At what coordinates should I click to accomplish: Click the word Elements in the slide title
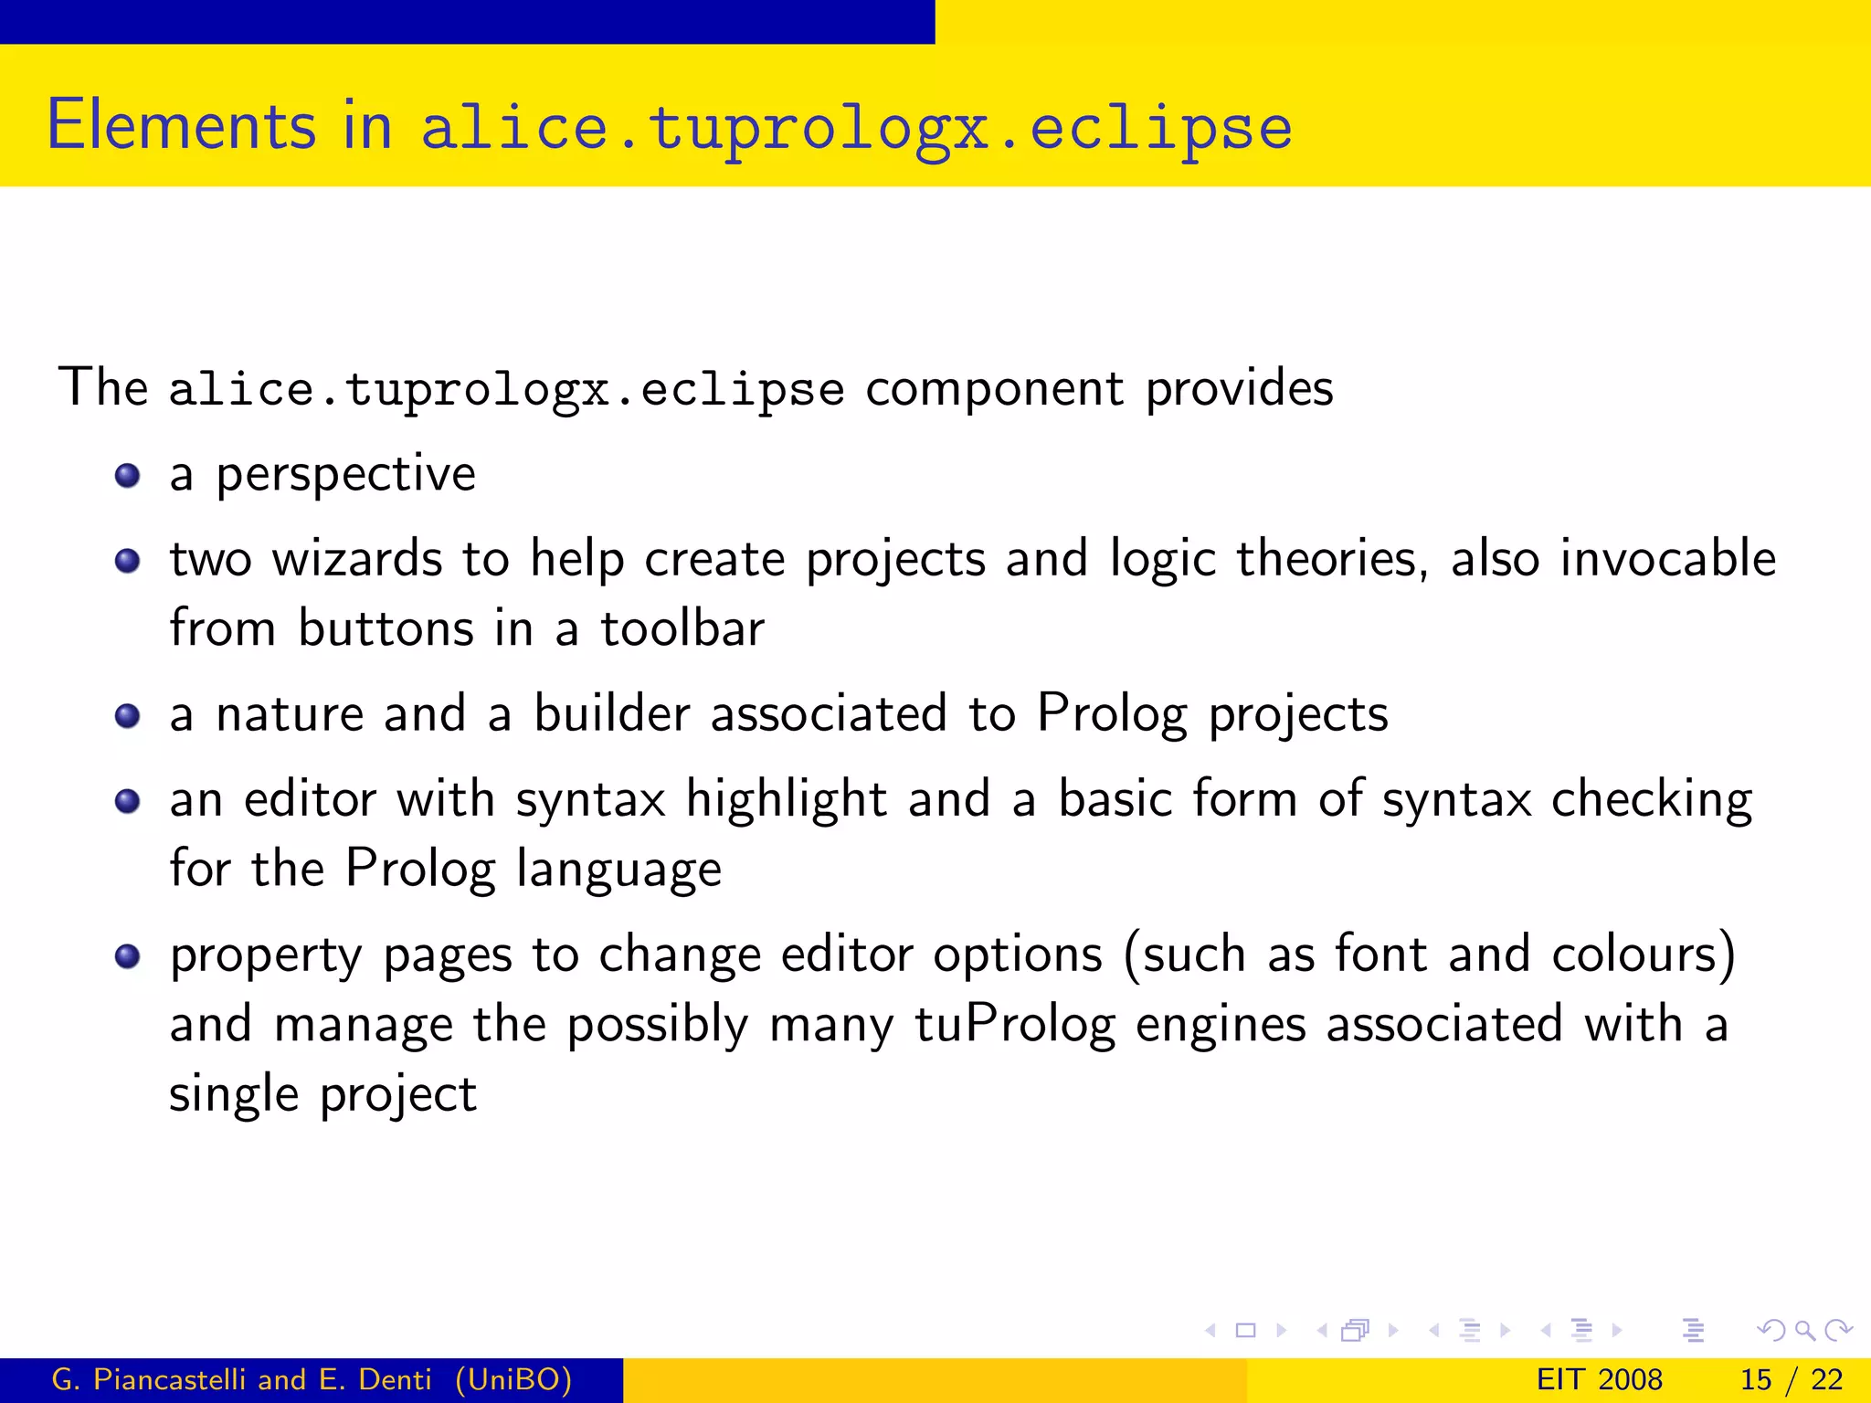tap(181, 125)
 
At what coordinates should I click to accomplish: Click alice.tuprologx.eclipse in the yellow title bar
tap(856, 128)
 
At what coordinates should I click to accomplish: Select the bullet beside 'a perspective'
tap(127, 476)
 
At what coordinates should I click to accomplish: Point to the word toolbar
tap(682, 629)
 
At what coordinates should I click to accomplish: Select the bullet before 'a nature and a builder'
tap(127, 716)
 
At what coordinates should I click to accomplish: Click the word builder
tap(611, 713)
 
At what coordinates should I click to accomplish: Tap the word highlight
tap(786, 800)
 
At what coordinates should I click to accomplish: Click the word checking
tap(1652, 800)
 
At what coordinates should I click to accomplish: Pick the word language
tap(618, 870)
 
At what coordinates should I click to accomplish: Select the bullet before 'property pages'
tap(127, 956)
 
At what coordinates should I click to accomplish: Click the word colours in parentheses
tap(1635, 955)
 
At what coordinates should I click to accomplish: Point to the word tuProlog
tap(1015, 1025)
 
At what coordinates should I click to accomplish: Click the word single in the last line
tap(234, 1094)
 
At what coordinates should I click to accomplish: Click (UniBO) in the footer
tap(513, 1379)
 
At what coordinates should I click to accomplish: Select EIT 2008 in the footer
tap(1599, 1379)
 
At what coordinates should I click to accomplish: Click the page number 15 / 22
tap(1791, 1379)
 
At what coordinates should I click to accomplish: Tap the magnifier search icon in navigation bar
tap(1804, 1331)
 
